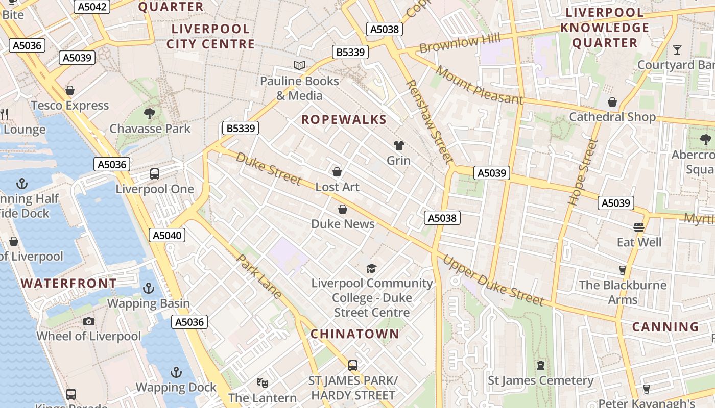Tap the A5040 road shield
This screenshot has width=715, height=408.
coord(167,235)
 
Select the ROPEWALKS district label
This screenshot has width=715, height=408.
coord(344,120)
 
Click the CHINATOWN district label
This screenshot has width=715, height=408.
coord(355,334)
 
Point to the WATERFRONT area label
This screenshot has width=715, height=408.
coord(68,283)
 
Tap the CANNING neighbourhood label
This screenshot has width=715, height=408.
coord(665,327)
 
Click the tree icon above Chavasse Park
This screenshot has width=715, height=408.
coord(150,113)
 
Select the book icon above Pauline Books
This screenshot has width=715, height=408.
coord(299,65)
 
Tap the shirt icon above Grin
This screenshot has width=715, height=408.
coord(398,145)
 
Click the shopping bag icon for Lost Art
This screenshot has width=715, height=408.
coord(337,172)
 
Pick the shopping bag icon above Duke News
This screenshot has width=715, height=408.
coord(343,209)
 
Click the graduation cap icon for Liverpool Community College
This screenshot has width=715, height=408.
coord(372,268)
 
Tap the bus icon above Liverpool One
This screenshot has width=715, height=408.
coord(155,174)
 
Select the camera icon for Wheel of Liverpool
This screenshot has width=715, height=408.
coord(89,321)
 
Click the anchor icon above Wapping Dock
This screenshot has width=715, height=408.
coord(176,372)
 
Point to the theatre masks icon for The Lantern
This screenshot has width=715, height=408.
coord(263,382)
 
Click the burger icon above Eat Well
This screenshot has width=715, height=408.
coord(638,227)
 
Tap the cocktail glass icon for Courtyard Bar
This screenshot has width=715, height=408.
coord(677,50)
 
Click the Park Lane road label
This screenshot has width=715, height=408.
coord(259,276)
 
